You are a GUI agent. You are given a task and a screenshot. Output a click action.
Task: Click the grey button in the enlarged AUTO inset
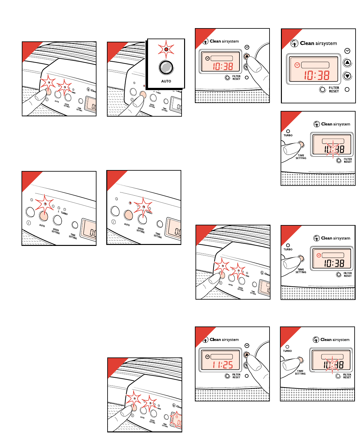[166, 67]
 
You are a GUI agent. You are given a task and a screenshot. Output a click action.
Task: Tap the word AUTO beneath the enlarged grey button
[166, 81]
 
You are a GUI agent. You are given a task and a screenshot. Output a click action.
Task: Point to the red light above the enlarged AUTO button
[166, 49]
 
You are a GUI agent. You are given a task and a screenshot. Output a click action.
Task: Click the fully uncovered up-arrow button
[347, 63]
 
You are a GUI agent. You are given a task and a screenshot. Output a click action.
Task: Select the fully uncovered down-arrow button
[347, 76]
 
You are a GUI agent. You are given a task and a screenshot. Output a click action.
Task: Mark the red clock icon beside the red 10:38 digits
[297, 65]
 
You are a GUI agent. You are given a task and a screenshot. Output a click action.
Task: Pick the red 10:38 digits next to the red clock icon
[317, 75]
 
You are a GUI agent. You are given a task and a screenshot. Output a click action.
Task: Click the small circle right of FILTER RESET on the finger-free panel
[347, 89]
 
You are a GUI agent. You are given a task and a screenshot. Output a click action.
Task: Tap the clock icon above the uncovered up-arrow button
[347, 51]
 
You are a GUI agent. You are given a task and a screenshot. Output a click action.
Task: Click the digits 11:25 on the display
[223, 365]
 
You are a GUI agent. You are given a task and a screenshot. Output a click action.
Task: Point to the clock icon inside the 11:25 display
[208, 357]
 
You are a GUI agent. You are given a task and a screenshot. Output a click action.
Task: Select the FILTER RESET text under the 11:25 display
[236, 376]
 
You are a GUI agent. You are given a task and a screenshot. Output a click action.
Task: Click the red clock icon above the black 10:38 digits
[319, 255]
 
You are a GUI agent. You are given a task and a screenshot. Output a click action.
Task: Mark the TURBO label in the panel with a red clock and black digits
[288, 249]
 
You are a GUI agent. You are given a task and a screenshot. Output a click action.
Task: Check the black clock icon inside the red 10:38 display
[208, 58]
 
